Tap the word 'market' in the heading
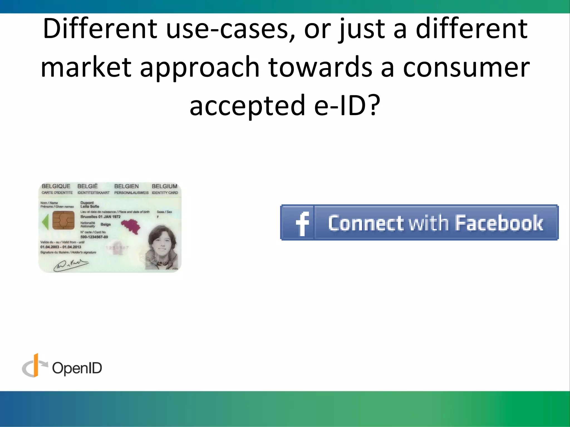tap(86, 67)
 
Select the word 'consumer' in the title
tap(466, 67)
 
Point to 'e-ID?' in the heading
tap(347, 105)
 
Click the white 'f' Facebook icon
tap(302, 224)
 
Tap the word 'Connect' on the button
tap(366, 223)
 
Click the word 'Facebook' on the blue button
tap(499, 223)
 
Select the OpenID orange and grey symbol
tap(34, 366)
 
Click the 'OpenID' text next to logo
tap(77, 368)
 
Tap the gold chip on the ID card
tap(63, 220)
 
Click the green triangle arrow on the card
tap(45, 222)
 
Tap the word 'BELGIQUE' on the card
tap(56, 186)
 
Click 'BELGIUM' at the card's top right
tap(164, 186)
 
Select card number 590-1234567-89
tap(94, 237)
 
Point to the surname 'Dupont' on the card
tap(87, 203)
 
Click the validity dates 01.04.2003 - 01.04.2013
tap(61, 247)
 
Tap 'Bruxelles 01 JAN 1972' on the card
tap(100, 217)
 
